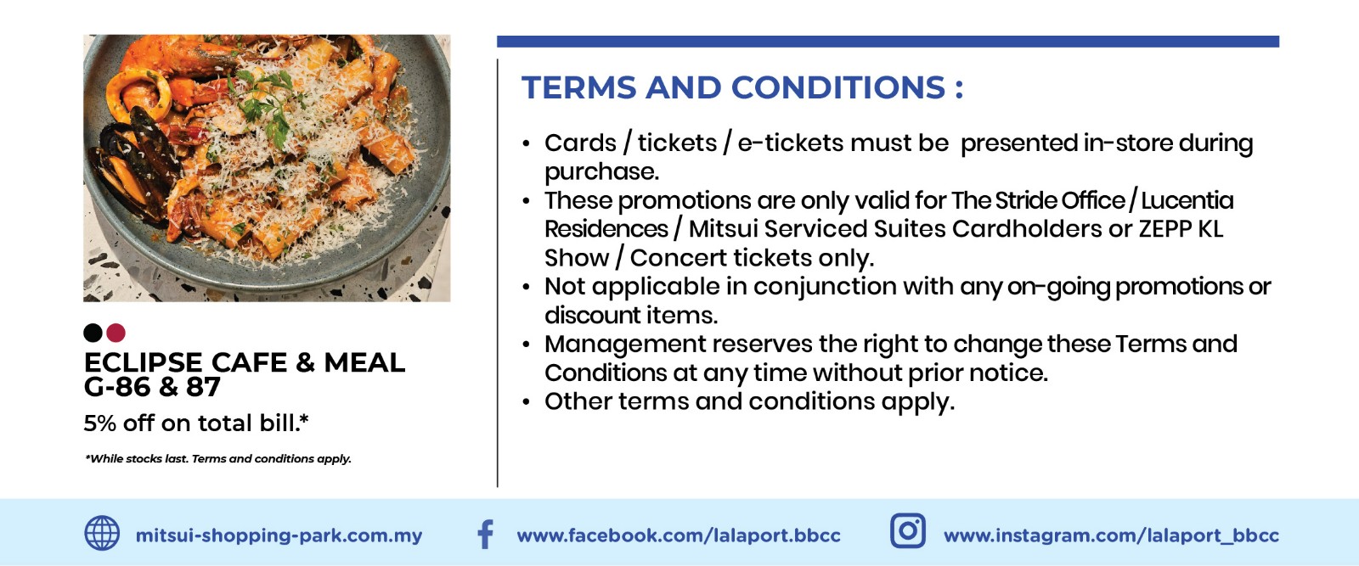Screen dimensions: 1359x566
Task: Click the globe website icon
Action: click(x=102, y=533)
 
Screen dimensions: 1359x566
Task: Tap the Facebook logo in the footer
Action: click(x=485, y=534)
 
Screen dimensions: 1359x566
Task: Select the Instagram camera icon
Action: click(x=908, y=531)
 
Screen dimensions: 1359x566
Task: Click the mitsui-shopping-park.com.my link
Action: click(x=279, y=535)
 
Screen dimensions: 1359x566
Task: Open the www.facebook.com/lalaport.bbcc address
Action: click(x=679, y=535)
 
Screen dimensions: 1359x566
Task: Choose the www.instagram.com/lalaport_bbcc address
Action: click(x=1111, y=535)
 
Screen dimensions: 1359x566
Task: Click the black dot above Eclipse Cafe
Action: click(x=93, y=333)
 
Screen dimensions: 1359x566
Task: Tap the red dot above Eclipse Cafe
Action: click(x=116, y=333)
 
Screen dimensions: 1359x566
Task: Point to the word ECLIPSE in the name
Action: click(x=144, y=362)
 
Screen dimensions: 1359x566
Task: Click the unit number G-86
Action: click(x=117, y=387)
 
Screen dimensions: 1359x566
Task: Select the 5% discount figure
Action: click(x=99, y=423)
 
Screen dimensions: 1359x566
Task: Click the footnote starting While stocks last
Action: click(x=217, y=459)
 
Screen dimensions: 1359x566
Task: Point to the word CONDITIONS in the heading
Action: click(x=838, y=87)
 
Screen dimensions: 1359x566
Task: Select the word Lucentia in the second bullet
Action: click(x=1187, y=200)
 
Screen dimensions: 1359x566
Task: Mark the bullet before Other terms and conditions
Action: click(x=526, y=401)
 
